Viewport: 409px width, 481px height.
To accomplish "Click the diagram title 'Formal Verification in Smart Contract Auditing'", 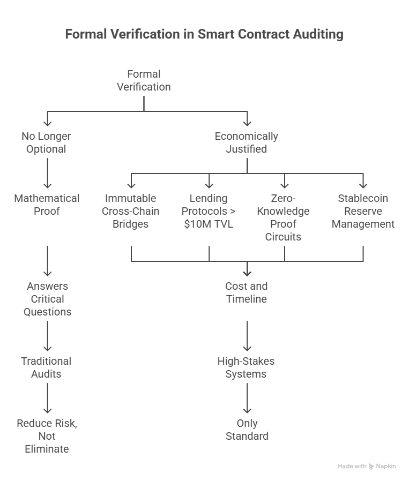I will pyautogui.click(x=204, y=35).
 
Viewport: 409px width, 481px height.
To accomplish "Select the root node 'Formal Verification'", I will pyautogui.click(x=144, y=80).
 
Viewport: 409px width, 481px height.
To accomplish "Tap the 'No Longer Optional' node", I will pyautogui.click(x=46, y=142).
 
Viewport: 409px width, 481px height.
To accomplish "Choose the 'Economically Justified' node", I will pyautogui.click(x=246, y=142).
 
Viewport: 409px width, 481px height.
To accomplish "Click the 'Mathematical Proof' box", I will pyautogui.click(x=47, y=205).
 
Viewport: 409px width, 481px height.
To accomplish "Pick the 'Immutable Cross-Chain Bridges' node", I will pyautogui.click(x=131, y=211).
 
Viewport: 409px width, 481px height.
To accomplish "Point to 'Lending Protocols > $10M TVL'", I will pyautogui.click(x=209, y=211).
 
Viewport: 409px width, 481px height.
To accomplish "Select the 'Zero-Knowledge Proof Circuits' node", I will pyautogui.click(x=283, y=217).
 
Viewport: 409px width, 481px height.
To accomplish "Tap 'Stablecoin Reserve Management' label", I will pyautogui.click(x=363, y=211).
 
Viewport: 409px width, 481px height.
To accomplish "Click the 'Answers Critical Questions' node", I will pyautogui.click(x=47, y=299).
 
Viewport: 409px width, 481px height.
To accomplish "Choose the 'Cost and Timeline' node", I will pyautogui.click(x=246, y=292).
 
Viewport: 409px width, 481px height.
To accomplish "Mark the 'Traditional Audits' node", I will pyautogui.click(x=46, y=367).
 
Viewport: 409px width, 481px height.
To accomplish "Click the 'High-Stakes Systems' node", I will pyautogui.click(x=246, y=367).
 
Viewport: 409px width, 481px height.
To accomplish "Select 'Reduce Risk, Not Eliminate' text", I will pyautogui.click(x=47, y=436).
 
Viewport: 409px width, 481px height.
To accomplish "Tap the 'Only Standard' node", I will pyautogui.click(x=247, y=430).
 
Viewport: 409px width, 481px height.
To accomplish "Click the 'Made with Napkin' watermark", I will pyautogui.click(x=367, y=467).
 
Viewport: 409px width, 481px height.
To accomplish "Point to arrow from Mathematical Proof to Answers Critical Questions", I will pyautogui.click(x=47, y=260).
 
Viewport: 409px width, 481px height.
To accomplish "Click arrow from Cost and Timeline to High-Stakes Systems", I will pyautogui.click(x=247, y=335).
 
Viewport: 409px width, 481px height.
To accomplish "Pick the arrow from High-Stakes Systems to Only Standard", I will pyautogui.click(x=247, y=397).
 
